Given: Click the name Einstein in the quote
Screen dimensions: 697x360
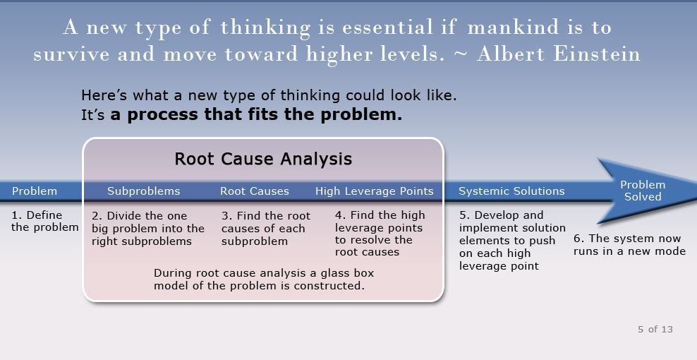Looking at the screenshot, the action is [597, 54].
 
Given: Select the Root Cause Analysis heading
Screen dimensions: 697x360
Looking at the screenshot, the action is [263, 159].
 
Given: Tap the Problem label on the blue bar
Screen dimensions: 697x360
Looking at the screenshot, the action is [35, 191].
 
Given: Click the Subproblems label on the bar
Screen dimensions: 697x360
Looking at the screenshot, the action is [144, 191].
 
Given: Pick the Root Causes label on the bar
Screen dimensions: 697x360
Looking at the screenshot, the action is [254, 191].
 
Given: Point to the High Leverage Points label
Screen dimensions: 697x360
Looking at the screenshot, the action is [375, 191].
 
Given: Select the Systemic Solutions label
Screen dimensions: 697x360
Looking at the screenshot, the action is [511, 191].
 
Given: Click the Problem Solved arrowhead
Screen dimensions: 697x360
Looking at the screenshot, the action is [643, 191].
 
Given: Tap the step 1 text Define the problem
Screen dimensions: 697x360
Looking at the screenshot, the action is [45, 221].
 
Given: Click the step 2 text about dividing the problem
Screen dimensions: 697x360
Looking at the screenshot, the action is [148, 228].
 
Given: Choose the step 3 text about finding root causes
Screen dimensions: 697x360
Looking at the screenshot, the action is [266, 228].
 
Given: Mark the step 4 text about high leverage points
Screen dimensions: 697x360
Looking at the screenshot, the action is [380, 234].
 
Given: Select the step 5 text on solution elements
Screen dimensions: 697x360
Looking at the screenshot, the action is [512, 240].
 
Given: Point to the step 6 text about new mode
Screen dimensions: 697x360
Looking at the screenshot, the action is [629, 245].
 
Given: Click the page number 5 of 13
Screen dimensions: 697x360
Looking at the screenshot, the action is [655, 330].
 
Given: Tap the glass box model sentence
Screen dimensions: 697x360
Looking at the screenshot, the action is [264, 279].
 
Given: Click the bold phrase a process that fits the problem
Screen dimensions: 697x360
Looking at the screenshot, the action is [256, 114].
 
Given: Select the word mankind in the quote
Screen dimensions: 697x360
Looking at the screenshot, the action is [516, 27].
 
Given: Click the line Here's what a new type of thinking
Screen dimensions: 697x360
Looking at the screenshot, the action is [269, 95].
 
